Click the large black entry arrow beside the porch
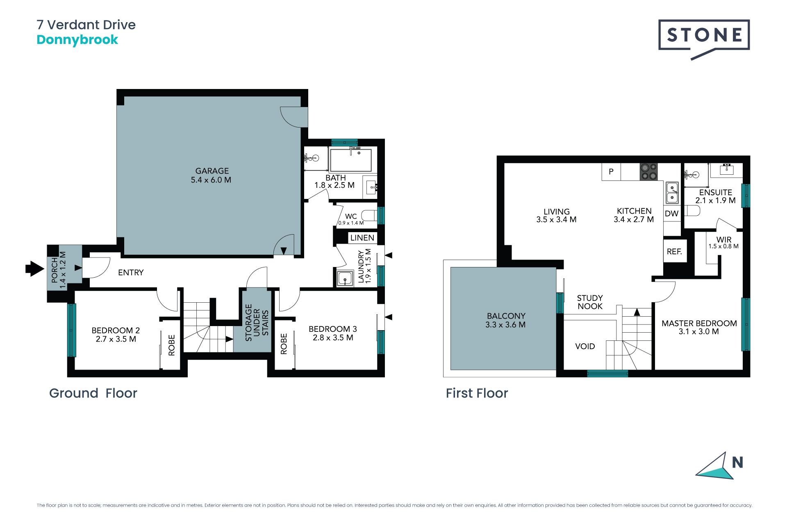(34, 269)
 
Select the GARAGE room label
(212, 171)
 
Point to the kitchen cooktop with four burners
(649, 172)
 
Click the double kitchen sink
(672, 193)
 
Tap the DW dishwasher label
(671, 214)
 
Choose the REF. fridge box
(675, 251)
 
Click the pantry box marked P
(611, 172)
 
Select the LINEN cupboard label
(362, 238)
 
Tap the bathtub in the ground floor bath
(351, 160)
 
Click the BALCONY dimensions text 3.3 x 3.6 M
(505, 325)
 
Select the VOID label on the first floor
(585, 347)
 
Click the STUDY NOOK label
(590, 302)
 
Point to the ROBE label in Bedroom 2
(172, 345)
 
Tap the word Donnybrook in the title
(77, 40)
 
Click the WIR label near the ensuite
(724, 240)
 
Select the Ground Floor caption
(93, 393)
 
